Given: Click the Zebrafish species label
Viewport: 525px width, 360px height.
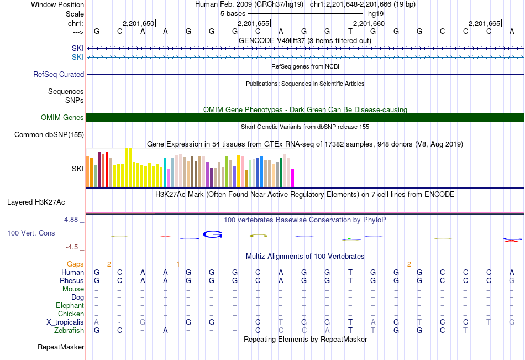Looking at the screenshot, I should click(69, 330).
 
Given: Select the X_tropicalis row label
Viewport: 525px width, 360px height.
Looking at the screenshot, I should click(65, 322).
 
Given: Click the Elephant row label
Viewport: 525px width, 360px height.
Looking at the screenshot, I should click(70, 305).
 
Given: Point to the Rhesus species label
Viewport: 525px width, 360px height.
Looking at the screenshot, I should click(72, 280).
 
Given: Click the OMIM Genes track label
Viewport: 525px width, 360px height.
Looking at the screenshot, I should click(62, 117).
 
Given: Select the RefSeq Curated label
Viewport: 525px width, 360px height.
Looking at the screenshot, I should click(59, 74).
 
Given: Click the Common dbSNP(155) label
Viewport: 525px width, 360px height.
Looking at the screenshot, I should click(49, 134).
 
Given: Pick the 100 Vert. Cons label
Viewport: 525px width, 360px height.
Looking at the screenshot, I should click(31, 233).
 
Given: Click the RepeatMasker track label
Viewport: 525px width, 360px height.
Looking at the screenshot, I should click(61, 347).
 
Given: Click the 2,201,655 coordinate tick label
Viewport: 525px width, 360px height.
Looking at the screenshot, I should click(254, 23).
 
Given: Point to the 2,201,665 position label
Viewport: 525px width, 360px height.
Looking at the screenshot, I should click(484, 23).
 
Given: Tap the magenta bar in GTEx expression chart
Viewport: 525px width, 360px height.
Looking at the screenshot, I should click(293, 178).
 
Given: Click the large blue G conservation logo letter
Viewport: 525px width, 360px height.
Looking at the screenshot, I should click(212, 234).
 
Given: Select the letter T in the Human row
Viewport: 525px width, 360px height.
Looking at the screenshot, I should click(350, 272).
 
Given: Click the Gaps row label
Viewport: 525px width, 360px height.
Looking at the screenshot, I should click(76, 264).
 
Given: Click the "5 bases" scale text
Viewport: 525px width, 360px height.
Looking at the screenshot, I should click(232, 13).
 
